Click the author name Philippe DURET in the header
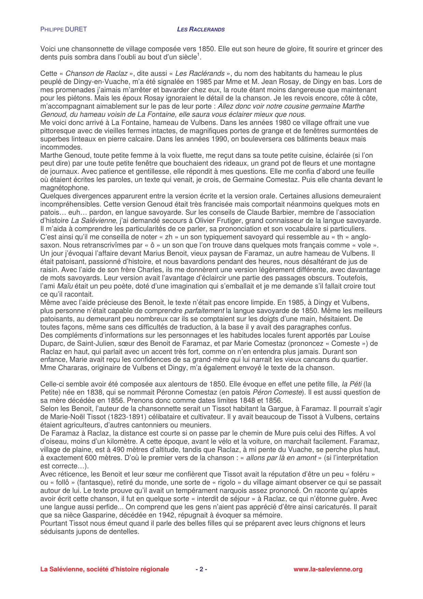[63, 29]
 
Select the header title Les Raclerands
[201, 29]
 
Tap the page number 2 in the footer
[201, 569]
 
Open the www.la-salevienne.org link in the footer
[328, 569]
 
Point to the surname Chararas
[70, 368]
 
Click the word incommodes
[61, 147]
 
